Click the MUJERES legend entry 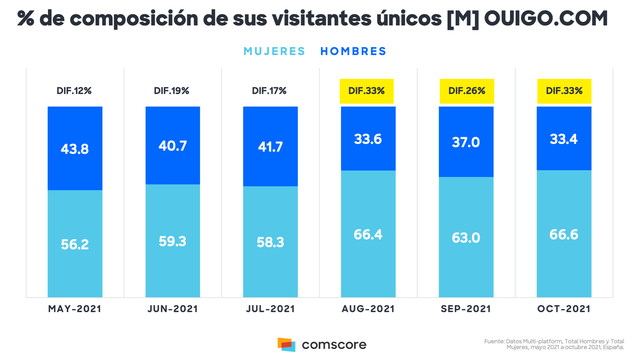[x=274, y=51]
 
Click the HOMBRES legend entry [x=353, y=51]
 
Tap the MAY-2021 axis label [x=75, y=309]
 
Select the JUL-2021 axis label [x=270, y=309]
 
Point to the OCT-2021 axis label [x=564, y=309]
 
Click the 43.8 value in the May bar [x=75, y=149]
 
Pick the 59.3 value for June [x=173, y=242]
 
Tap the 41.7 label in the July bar [x=270, y=147]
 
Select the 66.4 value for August [x=368, y=234]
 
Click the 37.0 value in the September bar [x=466, y=142]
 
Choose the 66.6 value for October [x=564, y=234]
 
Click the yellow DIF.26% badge [x=467, y=91]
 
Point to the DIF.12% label [x=74, y=91]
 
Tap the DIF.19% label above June [x=171, y=91]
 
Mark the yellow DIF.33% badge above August [x=367, y=91]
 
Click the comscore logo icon [x=286, y=345]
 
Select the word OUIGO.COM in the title [x=546, y=18]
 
